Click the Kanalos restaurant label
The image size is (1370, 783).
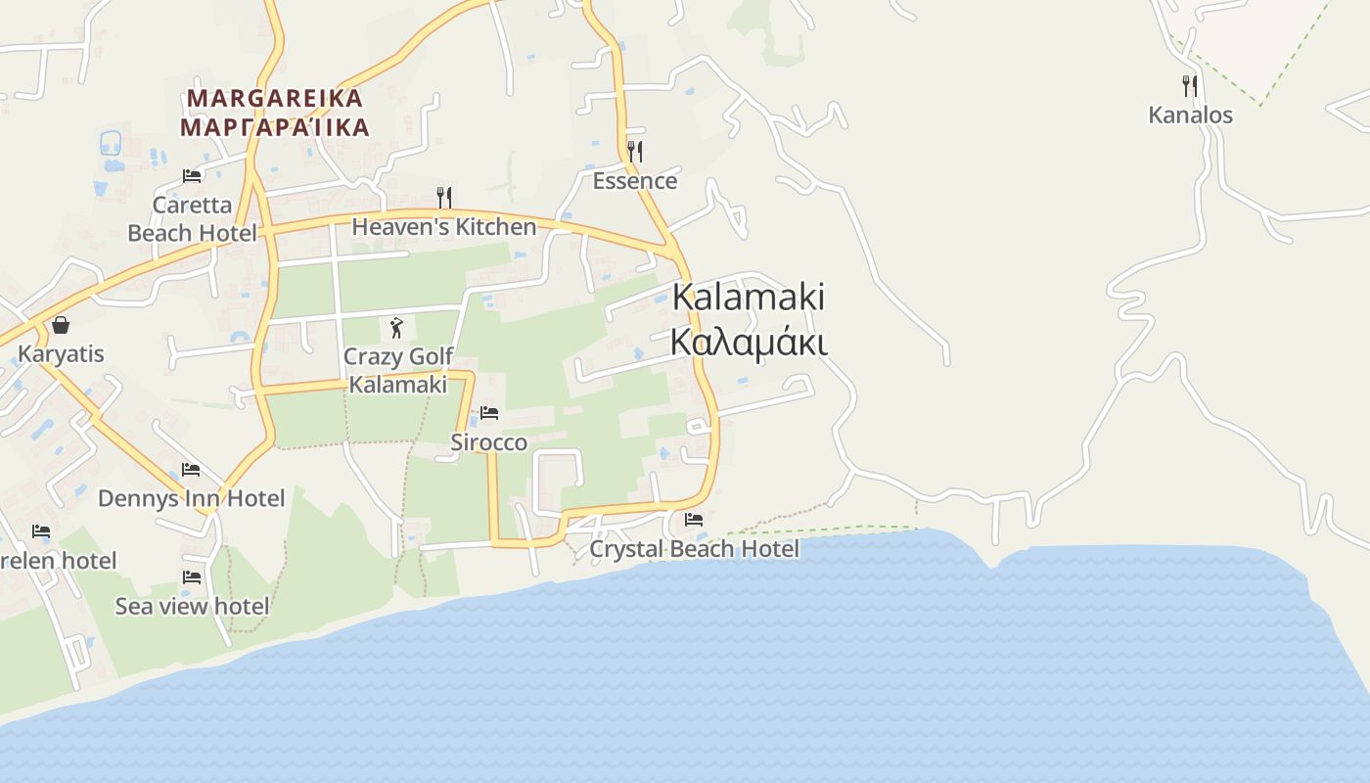point(1190,115)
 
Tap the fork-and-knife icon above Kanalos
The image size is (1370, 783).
point(1189,86)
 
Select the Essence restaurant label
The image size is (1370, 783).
point(635,181)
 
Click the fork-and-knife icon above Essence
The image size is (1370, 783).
point(635,151)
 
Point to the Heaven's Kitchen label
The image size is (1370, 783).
point(444,227)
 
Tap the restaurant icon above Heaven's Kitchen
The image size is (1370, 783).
point(444,198)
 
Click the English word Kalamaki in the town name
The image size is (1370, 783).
point(749,297)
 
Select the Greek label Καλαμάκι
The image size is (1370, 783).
point(749,343)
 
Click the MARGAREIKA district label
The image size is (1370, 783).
point(275,98)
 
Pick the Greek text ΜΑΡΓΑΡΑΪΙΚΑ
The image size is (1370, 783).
point(275,127)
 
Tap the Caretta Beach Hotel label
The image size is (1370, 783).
point(193,219)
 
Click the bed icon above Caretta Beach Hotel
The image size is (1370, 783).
point(192,176)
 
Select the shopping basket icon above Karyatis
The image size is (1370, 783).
point(61,325)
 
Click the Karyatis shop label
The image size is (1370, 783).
point(61,353)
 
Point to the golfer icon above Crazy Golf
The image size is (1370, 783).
point(396,328)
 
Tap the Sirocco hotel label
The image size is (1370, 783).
point(488,442)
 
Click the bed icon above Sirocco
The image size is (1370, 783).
point(489,413)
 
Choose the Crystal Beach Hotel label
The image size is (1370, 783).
point(694,549)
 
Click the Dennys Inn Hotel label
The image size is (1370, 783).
point(192,498)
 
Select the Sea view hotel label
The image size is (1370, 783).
point(192,607)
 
